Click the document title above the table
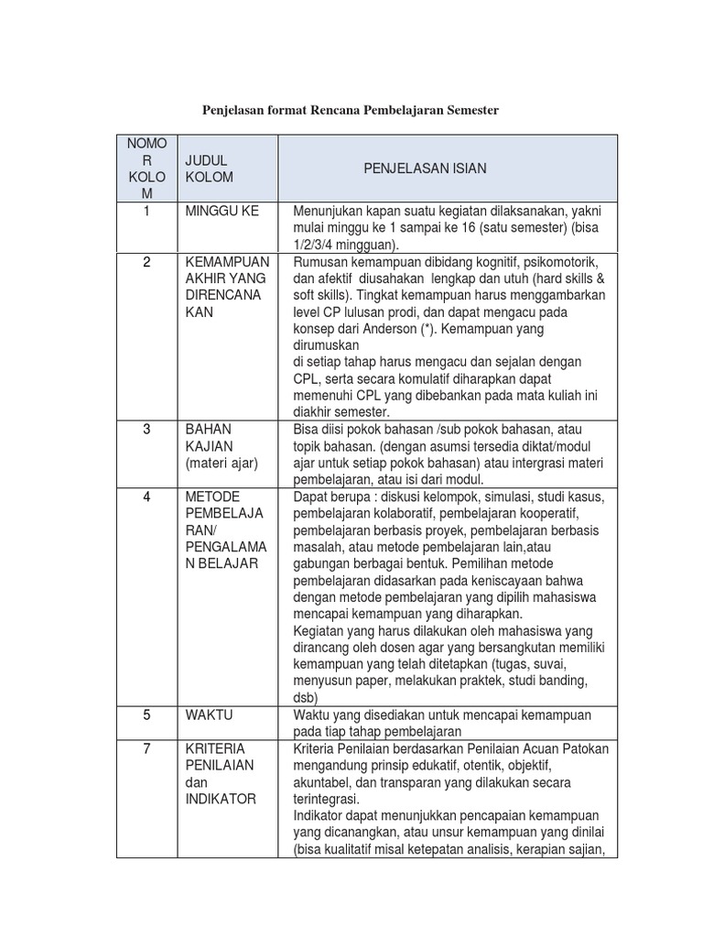click(351, 110)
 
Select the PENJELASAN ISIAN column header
click(425, 169)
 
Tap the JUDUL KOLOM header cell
click(210, 169)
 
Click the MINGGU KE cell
click(222, 211)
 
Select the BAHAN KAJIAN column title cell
click(210, 438)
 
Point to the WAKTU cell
click(210, 714)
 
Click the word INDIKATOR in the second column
click(222, 799)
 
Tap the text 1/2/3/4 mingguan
click(346, 245)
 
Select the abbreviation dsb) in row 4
click(306, 697)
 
